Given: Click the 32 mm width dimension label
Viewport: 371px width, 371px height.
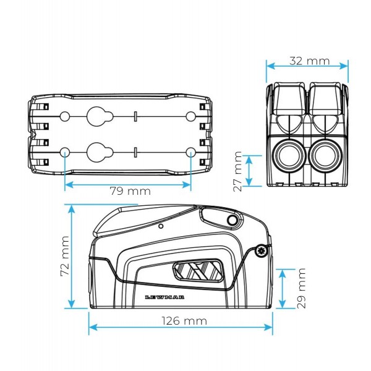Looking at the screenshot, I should pos(309,61).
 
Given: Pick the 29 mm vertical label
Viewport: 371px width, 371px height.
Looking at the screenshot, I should pos(301,289).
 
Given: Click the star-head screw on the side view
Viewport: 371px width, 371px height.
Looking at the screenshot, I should pos(261,251).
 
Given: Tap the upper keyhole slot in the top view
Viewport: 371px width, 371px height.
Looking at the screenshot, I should pos(97,116).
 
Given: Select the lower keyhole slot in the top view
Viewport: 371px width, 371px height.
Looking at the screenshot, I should pos(97,151).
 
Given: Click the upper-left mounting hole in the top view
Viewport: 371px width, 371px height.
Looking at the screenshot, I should pos(64,116).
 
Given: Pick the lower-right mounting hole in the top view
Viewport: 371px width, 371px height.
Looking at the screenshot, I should pos(190,151).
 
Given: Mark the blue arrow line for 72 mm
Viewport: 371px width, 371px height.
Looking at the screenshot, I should pos(72,257).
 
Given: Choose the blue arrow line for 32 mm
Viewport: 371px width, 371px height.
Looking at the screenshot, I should pos(307,68).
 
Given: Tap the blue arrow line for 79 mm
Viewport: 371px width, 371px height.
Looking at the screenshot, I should pos(127,184).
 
